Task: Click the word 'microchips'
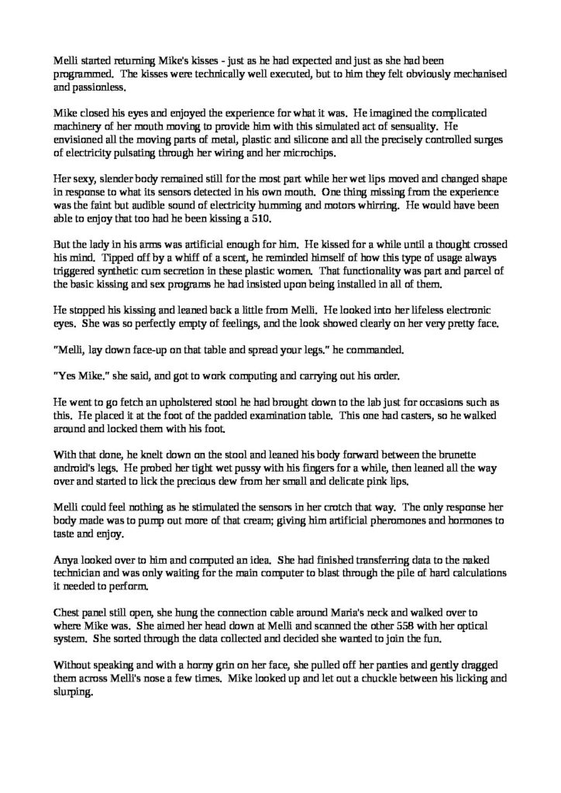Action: pyautogui.click(x=317, y=156)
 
